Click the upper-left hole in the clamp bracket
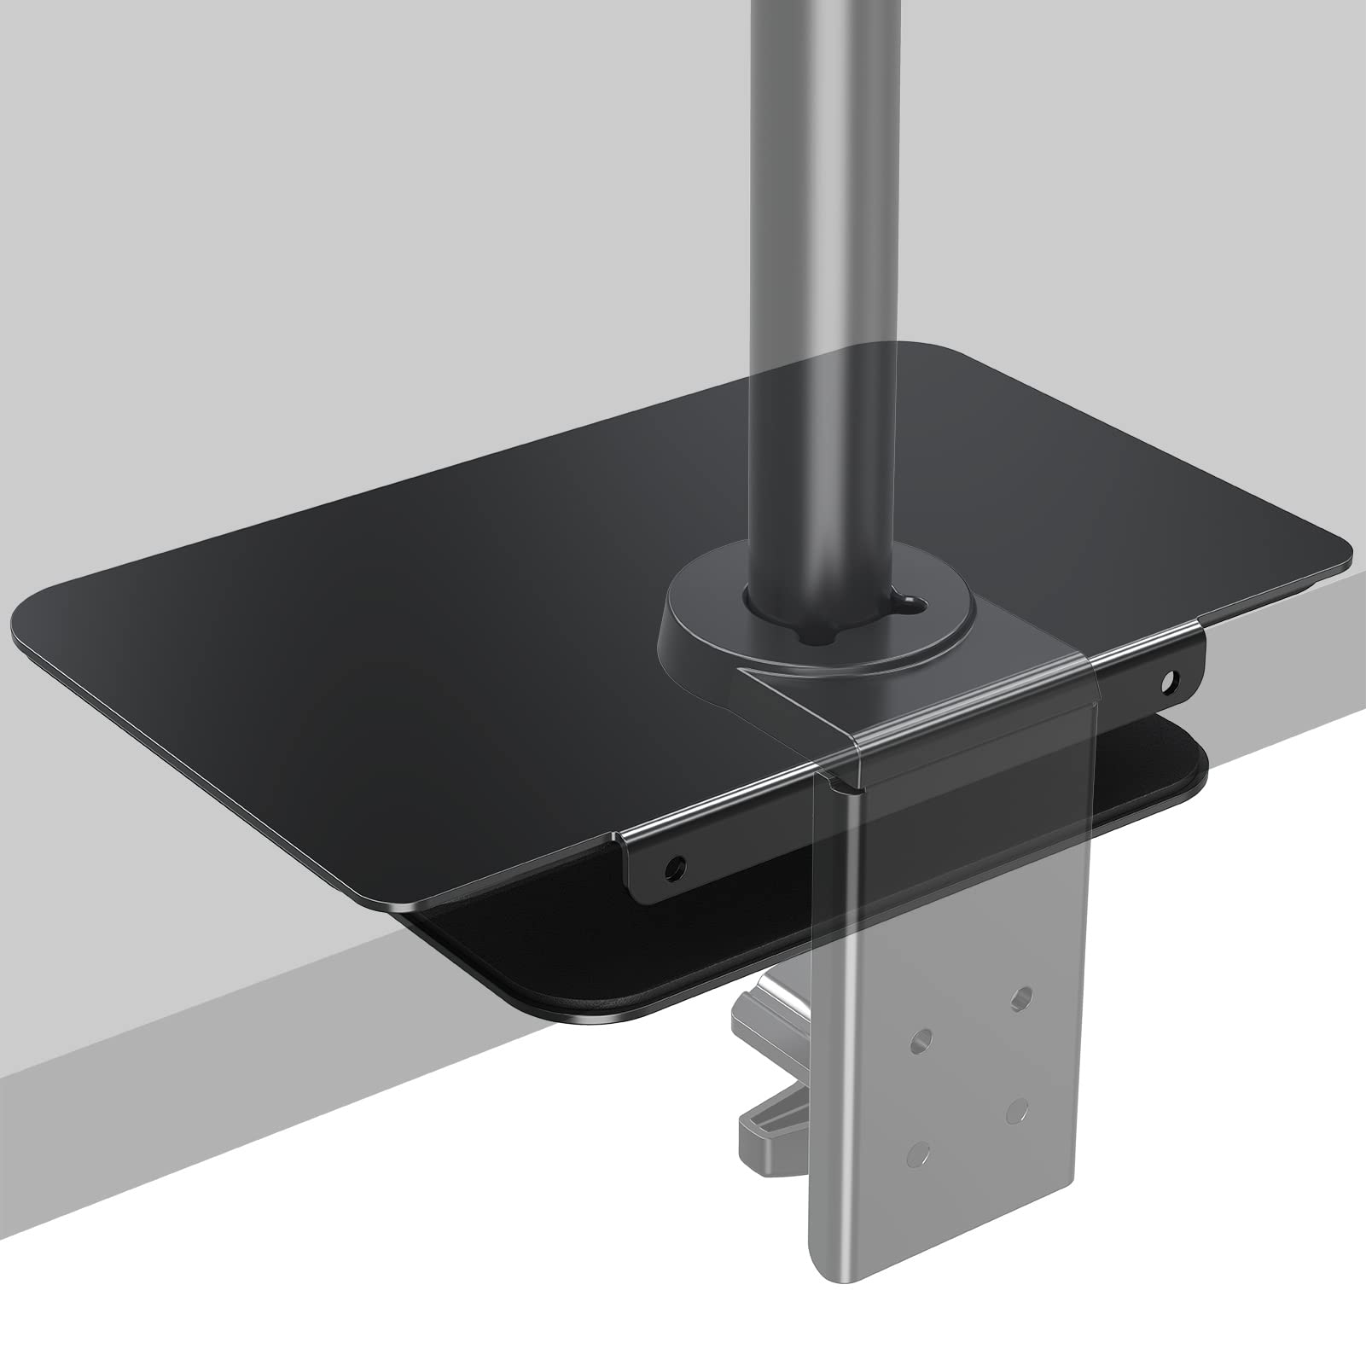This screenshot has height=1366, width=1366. [x=919, y=1040]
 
